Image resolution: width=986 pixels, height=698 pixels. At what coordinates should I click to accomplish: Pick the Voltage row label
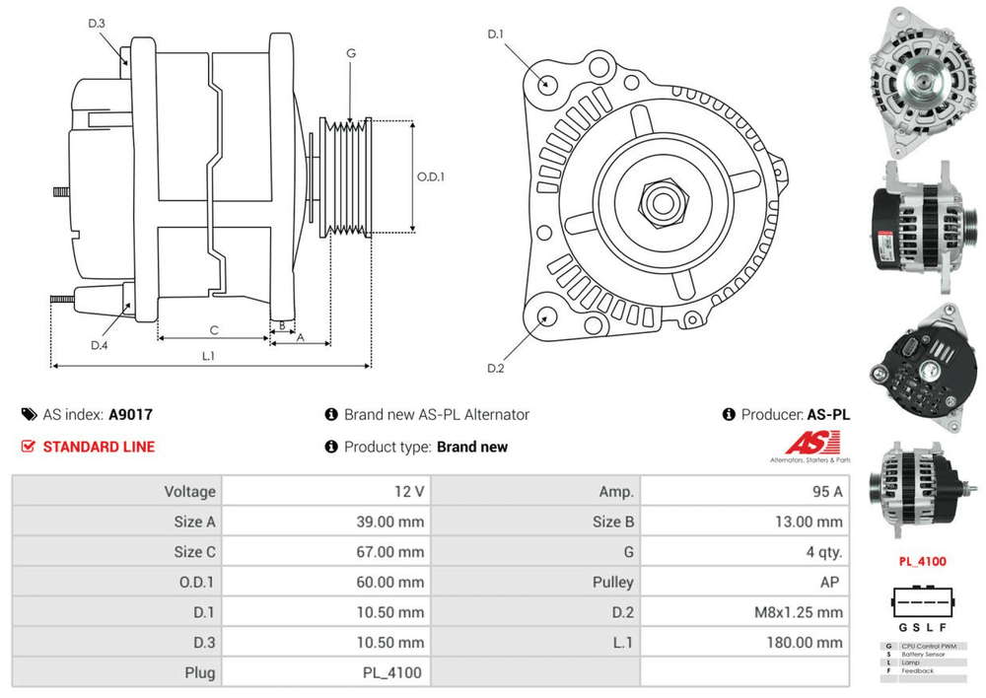tap(190, 491)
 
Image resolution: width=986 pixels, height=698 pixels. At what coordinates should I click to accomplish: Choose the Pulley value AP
tap(830, 582)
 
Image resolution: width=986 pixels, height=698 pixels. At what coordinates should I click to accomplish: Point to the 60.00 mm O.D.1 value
tap(389, 582)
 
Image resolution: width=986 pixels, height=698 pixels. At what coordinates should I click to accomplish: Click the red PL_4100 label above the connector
tap(921, 562)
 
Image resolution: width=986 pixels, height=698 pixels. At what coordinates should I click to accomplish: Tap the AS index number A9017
tap(130, 415)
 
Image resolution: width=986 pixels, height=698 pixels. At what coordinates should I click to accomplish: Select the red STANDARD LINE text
tap(99, 447)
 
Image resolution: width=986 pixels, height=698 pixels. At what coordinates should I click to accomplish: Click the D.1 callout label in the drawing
tap(496, 35)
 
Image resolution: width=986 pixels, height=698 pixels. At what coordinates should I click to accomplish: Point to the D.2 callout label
tap(495, 369)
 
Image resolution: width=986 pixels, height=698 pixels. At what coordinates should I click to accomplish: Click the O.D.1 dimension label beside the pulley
tap(431, 177)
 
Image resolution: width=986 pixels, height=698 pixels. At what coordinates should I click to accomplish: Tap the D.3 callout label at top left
tap(97, 23)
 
